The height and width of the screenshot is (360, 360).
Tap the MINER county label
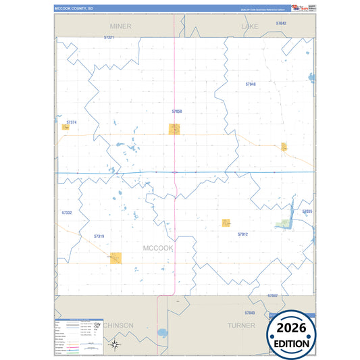(121, 26)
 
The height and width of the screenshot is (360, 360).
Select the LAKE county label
(250, 26)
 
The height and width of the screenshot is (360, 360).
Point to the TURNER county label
(241, 325)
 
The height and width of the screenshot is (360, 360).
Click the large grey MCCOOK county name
(158, 248)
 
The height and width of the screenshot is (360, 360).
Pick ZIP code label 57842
(281, 23)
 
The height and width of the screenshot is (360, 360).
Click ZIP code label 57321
(109, 38)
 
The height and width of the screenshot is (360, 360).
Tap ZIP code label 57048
(251, 84)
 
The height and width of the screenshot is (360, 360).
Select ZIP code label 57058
(177, 111)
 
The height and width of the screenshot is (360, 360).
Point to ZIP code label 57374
(72, 122)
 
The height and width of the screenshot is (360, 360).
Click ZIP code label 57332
(66, 213)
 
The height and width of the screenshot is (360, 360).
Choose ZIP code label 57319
(99, 236)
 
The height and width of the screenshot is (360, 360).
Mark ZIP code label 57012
(243, 234)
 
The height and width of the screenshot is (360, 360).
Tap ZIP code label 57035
(307, 211)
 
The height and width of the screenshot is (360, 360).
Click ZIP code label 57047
(272, 296)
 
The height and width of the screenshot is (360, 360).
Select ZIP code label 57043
(250, 313)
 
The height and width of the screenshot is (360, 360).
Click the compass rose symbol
(115, 345)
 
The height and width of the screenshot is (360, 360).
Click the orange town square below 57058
(174, 129)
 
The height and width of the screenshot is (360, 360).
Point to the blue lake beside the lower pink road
(162, 333)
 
